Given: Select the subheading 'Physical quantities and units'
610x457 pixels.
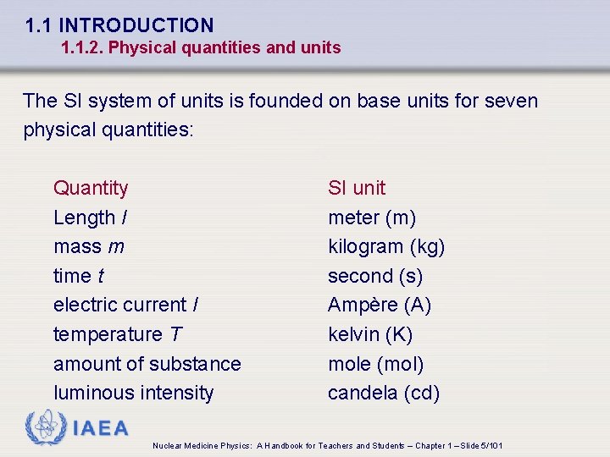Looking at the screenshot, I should pos(225,48).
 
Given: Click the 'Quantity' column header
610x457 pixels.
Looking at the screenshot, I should pos(91,188).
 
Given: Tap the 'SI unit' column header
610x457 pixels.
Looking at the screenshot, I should pos(357,188).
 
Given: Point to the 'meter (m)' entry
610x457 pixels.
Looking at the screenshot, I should pos(372,217).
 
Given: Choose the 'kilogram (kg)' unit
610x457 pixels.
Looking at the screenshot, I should pos(386,247).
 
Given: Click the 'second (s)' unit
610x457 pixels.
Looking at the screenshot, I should pos(375,276).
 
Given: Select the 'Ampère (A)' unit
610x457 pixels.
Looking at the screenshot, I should pos(380,305).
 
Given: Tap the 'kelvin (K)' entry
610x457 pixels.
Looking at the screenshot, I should pos(370,334).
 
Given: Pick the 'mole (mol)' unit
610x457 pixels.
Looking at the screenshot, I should pos(376,364).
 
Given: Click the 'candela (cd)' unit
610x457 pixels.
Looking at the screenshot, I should pos(384,393).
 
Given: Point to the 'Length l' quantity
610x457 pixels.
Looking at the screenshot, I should pos(91,217).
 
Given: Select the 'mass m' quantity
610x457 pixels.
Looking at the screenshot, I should pos(89,247).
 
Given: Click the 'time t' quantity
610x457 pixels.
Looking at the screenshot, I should pos(79,276).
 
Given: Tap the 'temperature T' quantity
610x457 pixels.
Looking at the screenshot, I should pos(118,334).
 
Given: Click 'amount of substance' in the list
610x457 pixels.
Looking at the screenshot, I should pos(147,364).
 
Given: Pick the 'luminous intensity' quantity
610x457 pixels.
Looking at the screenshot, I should pos(134,393).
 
